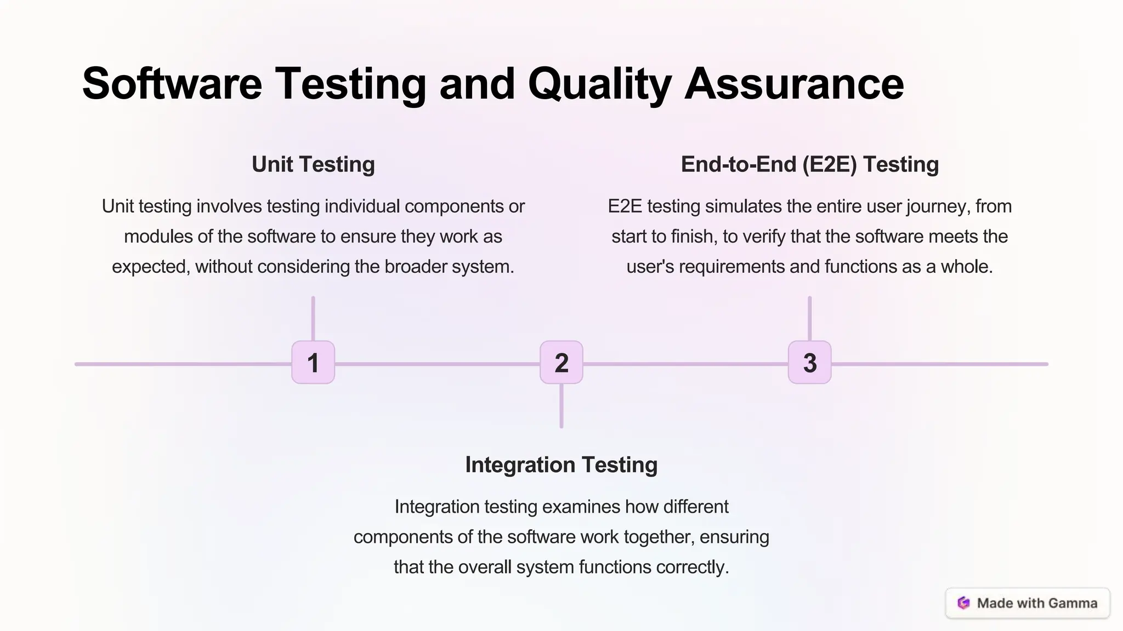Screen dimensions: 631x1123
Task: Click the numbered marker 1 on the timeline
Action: (x=313, y=363)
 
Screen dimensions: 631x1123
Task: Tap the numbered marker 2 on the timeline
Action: (x=561, y=363)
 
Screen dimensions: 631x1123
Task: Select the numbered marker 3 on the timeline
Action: (x=810, y=363)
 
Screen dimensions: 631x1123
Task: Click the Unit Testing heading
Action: (x=313, y=164)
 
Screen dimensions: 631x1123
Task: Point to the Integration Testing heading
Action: (x=561, y=464)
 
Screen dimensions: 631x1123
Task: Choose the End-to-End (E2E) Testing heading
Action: (x=809, y=164)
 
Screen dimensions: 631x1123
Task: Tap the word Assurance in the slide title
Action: (x=794, y=84)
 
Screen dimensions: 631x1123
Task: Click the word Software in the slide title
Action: (x=172, y=84)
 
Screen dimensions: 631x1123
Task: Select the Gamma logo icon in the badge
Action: (x=963, y=603)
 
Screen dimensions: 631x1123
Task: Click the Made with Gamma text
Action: (x=1037, y=603)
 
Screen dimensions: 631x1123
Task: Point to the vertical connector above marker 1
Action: (x=313, y=319)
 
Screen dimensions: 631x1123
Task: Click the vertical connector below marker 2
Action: (x=561, y=406)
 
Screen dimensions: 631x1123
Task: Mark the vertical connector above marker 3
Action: (x=810, y=319)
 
